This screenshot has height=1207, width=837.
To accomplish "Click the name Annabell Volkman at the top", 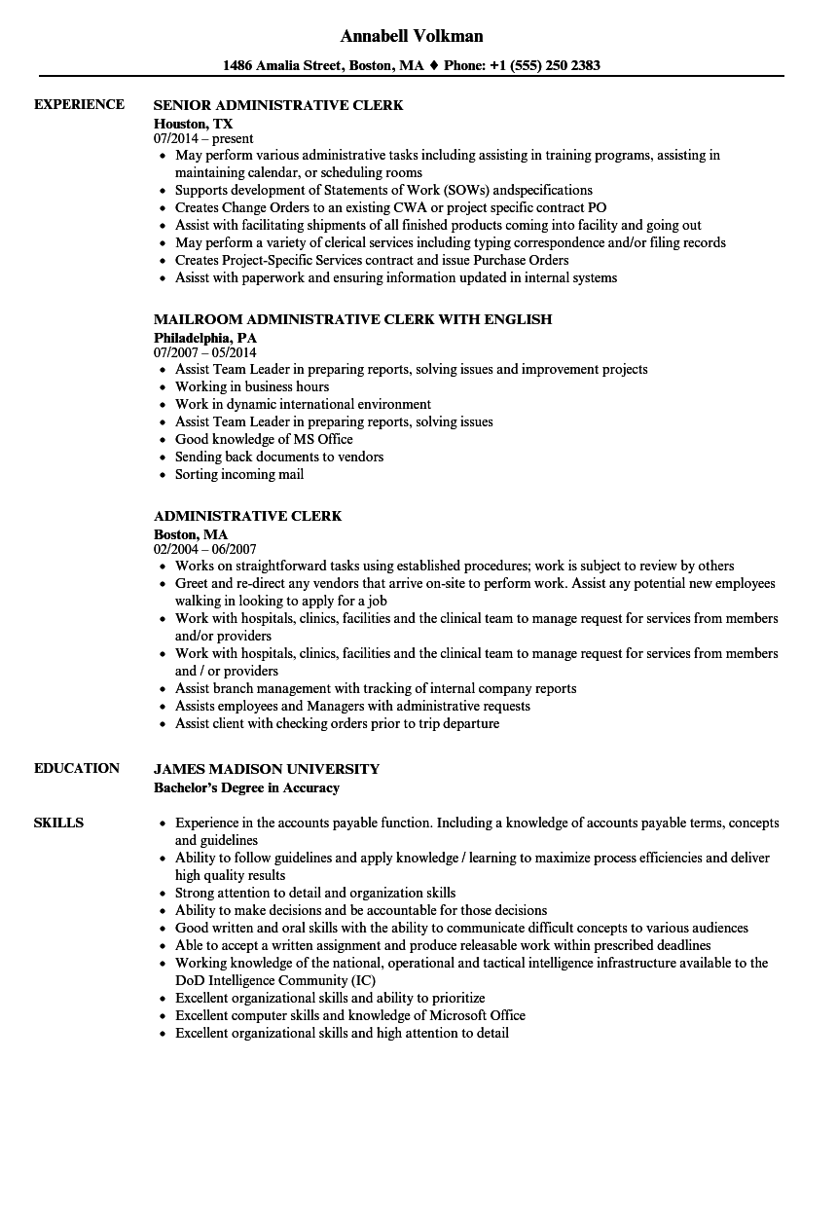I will tap(412, 36).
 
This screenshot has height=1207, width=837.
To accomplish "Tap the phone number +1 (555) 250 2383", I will tap(546, 66).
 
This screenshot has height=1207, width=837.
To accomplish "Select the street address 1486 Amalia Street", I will tap(282, 66).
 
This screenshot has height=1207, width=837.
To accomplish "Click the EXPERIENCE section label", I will tap(79, 104).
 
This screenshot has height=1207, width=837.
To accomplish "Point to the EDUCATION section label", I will tap(77, 768).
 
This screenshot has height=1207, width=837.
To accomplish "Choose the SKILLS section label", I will tap(58, 823).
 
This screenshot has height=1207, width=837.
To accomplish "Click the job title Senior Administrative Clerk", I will tap(278, 105).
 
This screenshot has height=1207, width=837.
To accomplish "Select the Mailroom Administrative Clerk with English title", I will tap(352, 319).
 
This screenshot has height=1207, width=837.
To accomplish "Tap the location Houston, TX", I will tap(194, 124).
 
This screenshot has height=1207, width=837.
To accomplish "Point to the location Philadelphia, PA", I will tap(204, 337).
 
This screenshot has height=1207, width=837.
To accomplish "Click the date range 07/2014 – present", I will tap(203, 139).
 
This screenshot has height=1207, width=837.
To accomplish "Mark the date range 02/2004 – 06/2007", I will tap(204, 549).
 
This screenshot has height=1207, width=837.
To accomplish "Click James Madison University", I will tap(267, 769).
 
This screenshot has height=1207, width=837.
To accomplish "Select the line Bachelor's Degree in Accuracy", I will tap(247, 787).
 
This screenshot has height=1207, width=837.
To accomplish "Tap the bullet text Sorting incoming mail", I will tap(239, 475).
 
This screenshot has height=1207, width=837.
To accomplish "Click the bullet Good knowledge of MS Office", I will tap(264, 440).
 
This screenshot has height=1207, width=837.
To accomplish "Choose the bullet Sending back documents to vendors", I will tap(279, 457).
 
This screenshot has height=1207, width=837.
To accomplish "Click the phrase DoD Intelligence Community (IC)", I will tap(275, 980).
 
